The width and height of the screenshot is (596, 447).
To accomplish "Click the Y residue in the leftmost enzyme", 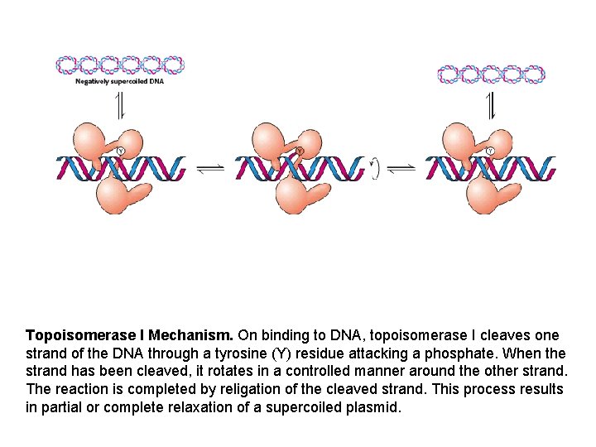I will [119, 151].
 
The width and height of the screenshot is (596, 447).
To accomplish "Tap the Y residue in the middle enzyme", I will [300, 151].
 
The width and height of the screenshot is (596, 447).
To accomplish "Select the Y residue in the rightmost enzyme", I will [489, 151].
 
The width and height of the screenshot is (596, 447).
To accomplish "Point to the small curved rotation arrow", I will [374, 168].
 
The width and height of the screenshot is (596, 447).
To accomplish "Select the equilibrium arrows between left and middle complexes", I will [209, 169].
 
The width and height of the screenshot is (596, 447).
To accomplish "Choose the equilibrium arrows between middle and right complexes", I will [401, 169].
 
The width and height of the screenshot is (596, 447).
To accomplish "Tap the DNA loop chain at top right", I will [491, 75].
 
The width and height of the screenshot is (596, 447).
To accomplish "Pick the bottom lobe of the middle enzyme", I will [296, 196].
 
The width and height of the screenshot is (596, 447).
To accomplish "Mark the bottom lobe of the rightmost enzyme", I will [486, 196].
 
